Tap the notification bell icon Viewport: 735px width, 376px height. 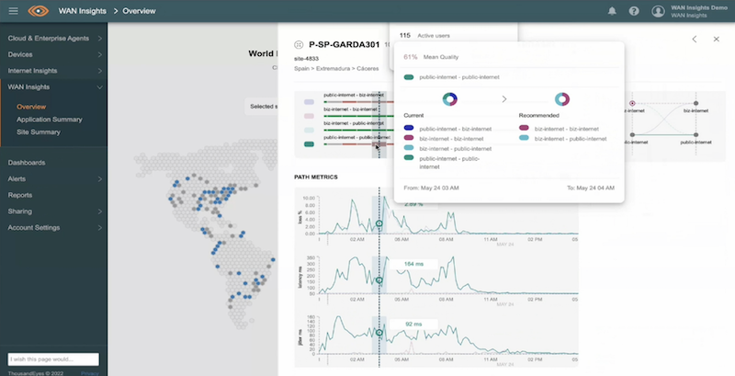pyautogui.click(x=612, y=11)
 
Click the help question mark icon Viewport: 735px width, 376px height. pyautogui.click(x=634, y=11)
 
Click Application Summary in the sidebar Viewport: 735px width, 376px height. pyautogui.click(x=50, y=120)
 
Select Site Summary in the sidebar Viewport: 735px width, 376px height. pyautogui.click(x=38, y=132)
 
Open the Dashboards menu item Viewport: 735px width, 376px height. pyautogui.click(x=27, y=163)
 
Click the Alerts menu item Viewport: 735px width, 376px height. pyautogui.click(x=17, y=178)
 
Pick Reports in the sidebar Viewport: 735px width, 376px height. pyautogui.click(x=20, y=195)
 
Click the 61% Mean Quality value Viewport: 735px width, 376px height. pyautogui.click(x=411, y=56)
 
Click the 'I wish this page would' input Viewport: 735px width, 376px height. pyautogui.click(x=51, y=359)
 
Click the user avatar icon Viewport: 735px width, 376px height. pyautogui.click(x=658, y=11)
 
